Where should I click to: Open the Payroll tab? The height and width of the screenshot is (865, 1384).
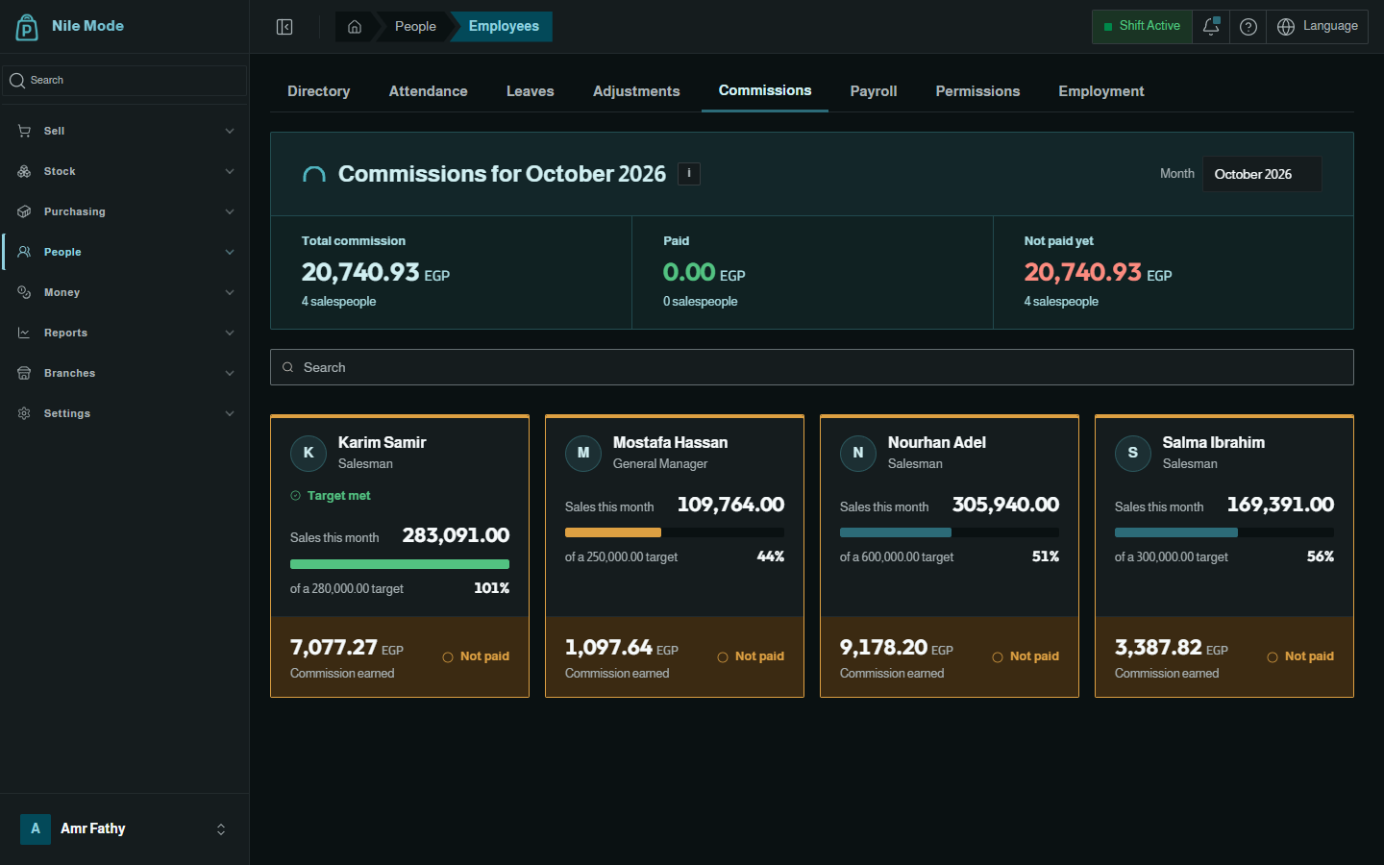[x=873, y=91]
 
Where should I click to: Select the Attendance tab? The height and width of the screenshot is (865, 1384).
[x=428, y=91]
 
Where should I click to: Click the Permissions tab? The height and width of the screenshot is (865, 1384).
[x=977, y=91]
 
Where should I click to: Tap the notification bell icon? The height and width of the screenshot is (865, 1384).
[x=1210, y=27]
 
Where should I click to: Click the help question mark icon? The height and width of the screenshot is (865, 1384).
[x=1248, y=27]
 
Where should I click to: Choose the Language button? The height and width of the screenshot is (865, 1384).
[x=1317, y=27]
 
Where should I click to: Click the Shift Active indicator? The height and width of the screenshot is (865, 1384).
[x=1142, y=27]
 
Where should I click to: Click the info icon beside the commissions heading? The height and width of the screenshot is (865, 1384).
[x=689, y=174]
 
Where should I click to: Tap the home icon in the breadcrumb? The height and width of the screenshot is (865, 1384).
[x=354, y=27]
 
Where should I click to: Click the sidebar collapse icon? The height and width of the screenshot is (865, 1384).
[x=284, y=27]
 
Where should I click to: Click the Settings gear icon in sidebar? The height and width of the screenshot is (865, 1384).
[x=24, y=413]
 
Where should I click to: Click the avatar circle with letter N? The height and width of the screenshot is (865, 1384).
[x=857, y=453]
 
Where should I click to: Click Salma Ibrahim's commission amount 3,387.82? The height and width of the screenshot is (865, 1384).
[x=1158, y=648]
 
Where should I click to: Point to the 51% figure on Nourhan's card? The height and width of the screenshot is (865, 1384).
[x=1046, y=556]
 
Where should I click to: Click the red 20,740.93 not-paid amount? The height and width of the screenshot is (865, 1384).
[x=1082, y=273]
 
